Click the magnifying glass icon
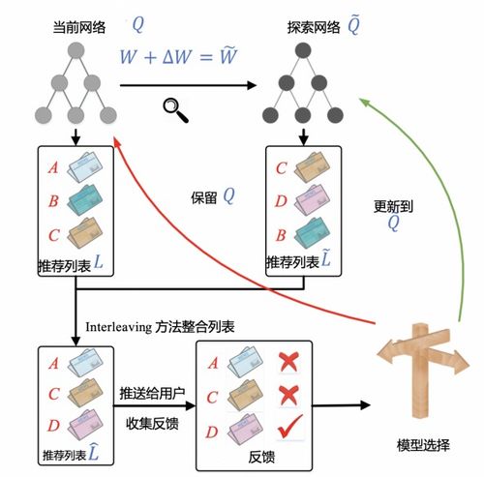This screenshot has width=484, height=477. [175, 110]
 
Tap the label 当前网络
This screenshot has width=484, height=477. [79, 27]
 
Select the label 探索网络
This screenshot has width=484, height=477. [314, 27]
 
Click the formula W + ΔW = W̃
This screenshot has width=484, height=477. [178, 56]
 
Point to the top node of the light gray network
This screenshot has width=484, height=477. [76, 51]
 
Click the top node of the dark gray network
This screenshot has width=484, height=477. [303, 50]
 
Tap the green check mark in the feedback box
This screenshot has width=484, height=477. [290, 427]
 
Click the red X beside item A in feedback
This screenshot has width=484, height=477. [288, 362]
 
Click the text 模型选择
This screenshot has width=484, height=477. [423, 446]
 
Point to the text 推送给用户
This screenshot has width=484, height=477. [152, 394]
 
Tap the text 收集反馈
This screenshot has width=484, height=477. [152, 424]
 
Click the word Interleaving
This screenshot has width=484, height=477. [118, 327]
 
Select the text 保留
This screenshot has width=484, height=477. [204, 197]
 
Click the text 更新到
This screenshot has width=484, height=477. [393, 206]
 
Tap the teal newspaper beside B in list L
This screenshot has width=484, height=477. [85, 200]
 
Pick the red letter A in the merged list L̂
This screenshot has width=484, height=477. [53, 364]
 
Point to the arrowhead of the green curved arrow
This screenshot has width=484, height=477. [365, 102]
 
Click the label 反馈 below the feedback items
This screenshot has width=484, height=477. [261, 458]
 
